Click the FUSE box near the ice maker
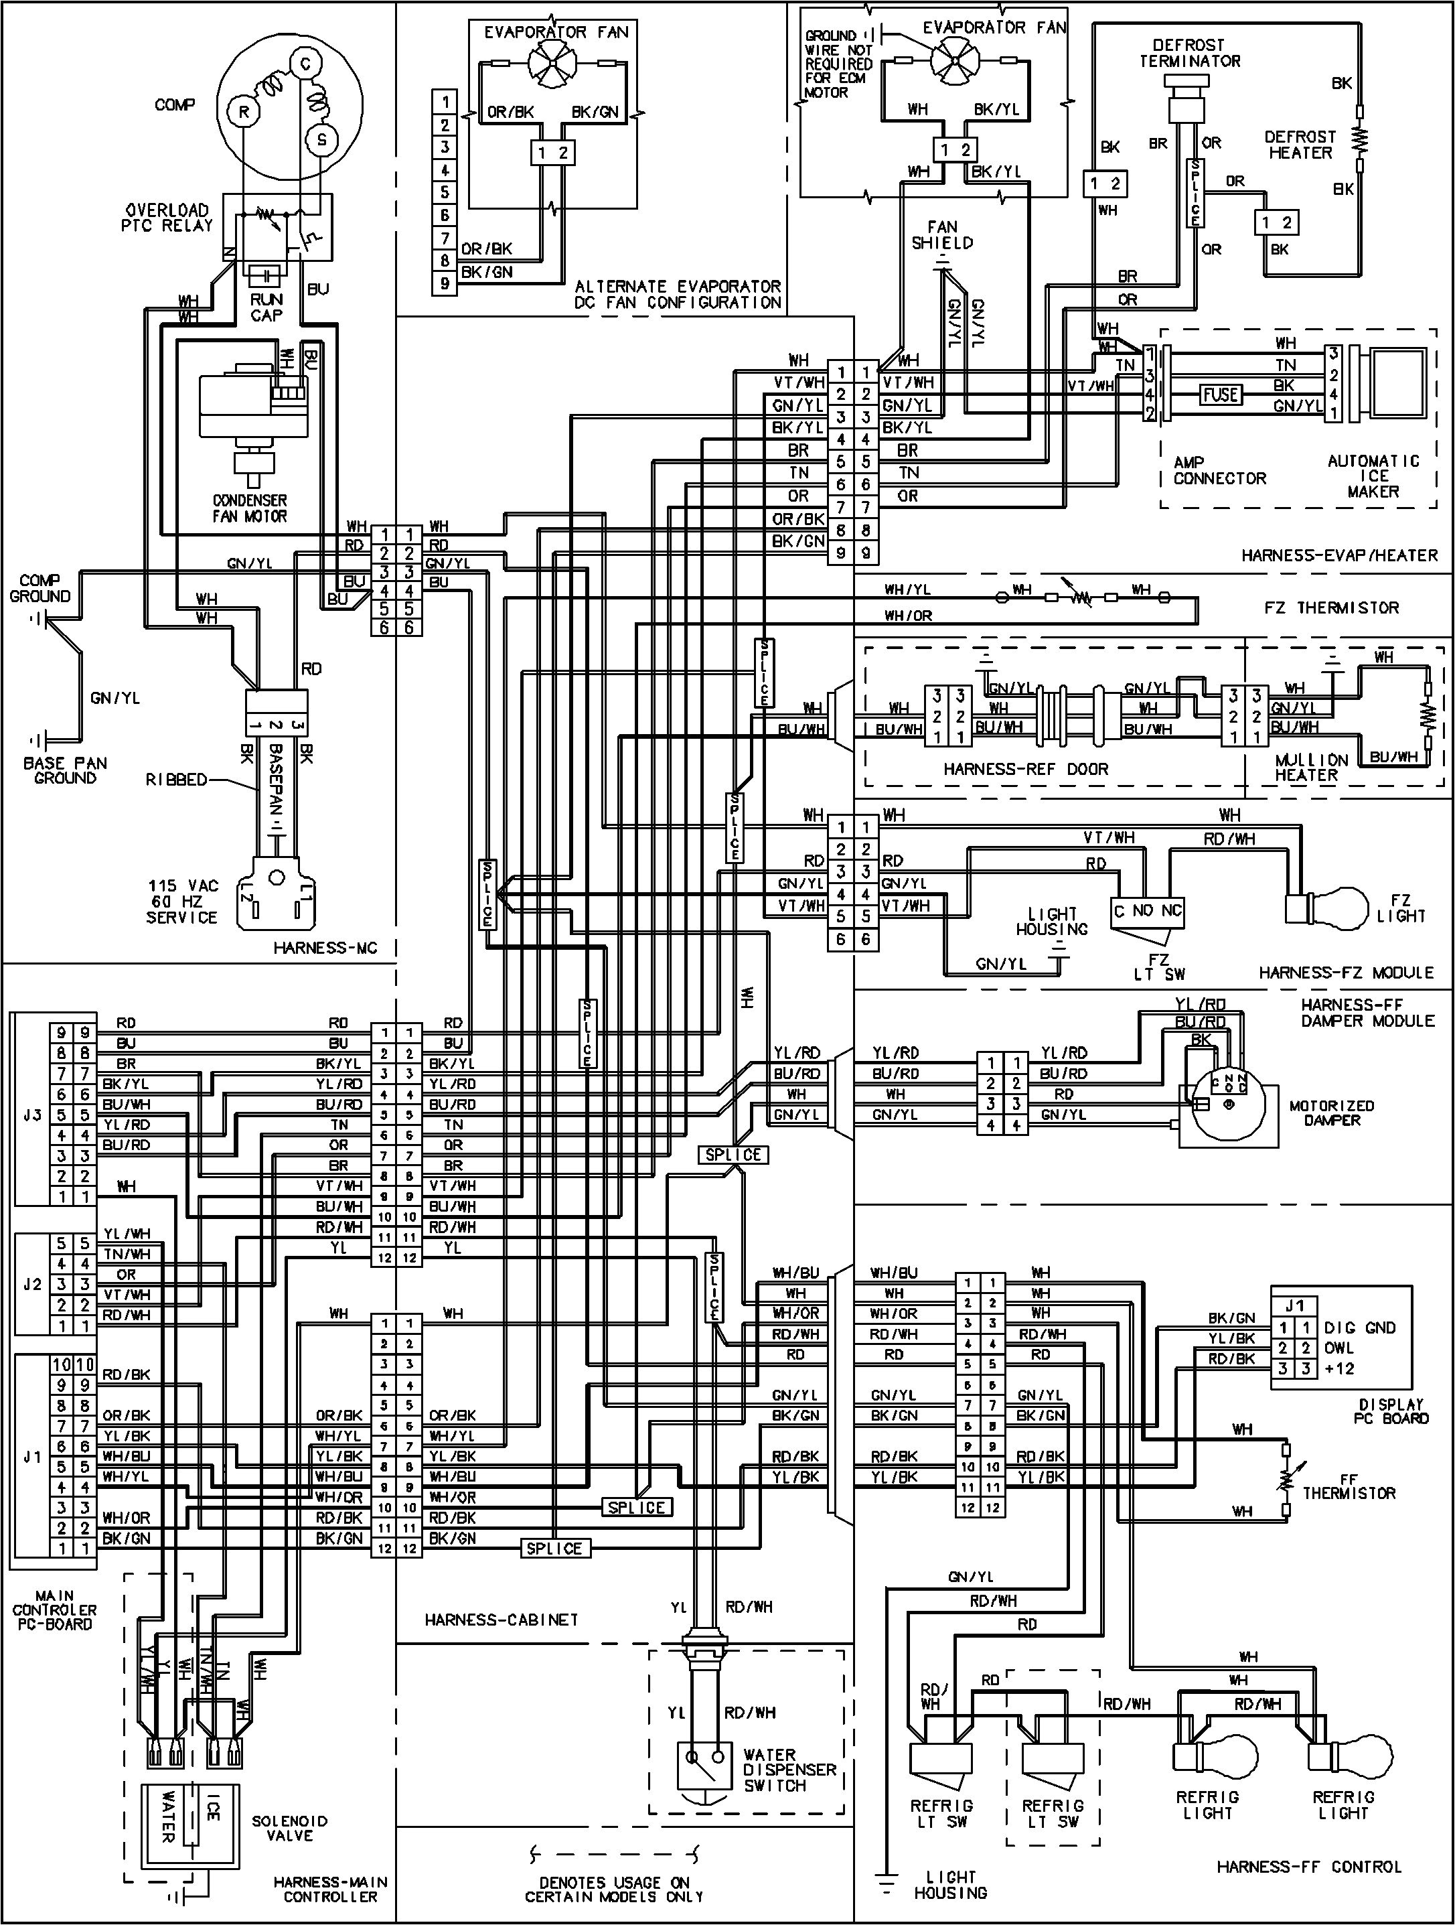pos(1220,395)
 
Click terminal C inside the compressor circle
pos(305,64)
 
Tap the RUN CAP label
pos(266,306)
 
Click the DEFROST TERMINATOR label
pos(1190,53)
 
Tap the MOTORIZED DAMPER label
pos(1331,1113)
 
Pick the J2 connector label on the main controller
pos(32,1285)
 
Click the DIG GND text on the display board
pos(1359,1328)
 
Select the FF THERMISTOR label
pos(1349,1485)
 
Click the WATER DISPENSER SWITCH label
pos(789,1770)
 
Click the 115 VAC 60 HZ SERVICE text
pos(182,902)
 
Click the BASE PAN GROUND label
pos(65,770)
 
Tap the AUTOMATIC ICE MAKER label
pos(1373,476)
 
